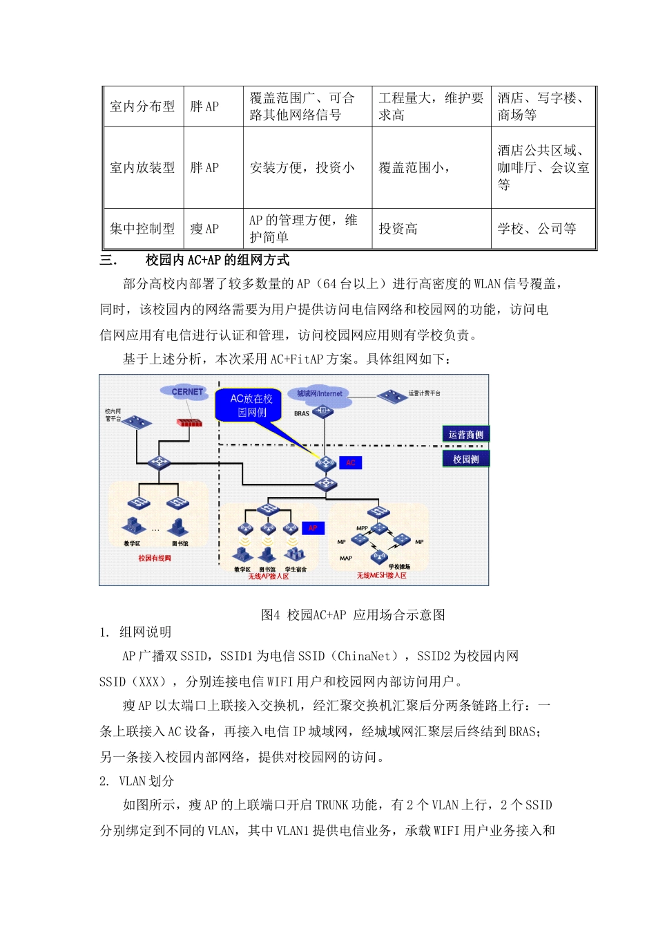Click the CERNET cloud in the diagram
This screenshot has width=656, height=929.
coord(186,392)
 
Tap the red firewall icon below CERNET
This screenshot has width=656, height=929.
coord(189,422)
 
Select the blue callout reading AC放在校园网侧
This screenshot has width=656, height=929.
coord(251,406)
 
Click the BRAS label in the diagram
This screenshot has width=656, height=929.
coord(302,413)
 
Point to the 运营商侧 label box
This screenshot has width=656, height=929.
coord(465,434)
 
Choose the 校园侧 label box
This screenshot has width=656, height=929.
coord(465,459)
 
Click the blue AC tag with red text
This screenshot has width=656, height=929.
coord(350,462)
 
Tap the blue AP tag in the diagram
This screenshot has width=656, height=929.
coord(312,528)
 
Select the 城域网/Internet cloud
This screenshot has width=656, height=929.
coord(319,394)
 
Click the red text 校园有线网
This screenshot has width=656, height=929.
coord(154,558)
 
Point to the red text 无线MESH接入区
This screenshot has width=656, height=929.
coord(381,575)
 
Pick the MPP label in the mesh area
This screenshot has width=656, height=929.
coord(362,528)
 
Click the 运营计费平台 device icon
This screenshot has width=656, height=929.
coord(392,396)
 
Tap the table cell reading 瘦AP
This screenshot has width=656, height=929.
coord(204,229)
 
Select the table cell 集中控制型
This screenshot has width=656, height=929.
coord(142,229)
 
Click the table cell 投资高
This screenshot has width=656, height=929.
coord(398,229)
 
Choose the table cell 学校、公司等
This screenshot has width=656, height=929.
coord(537,229)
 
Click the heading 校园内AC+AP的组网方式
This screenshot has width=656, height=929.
coord(218,261)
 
